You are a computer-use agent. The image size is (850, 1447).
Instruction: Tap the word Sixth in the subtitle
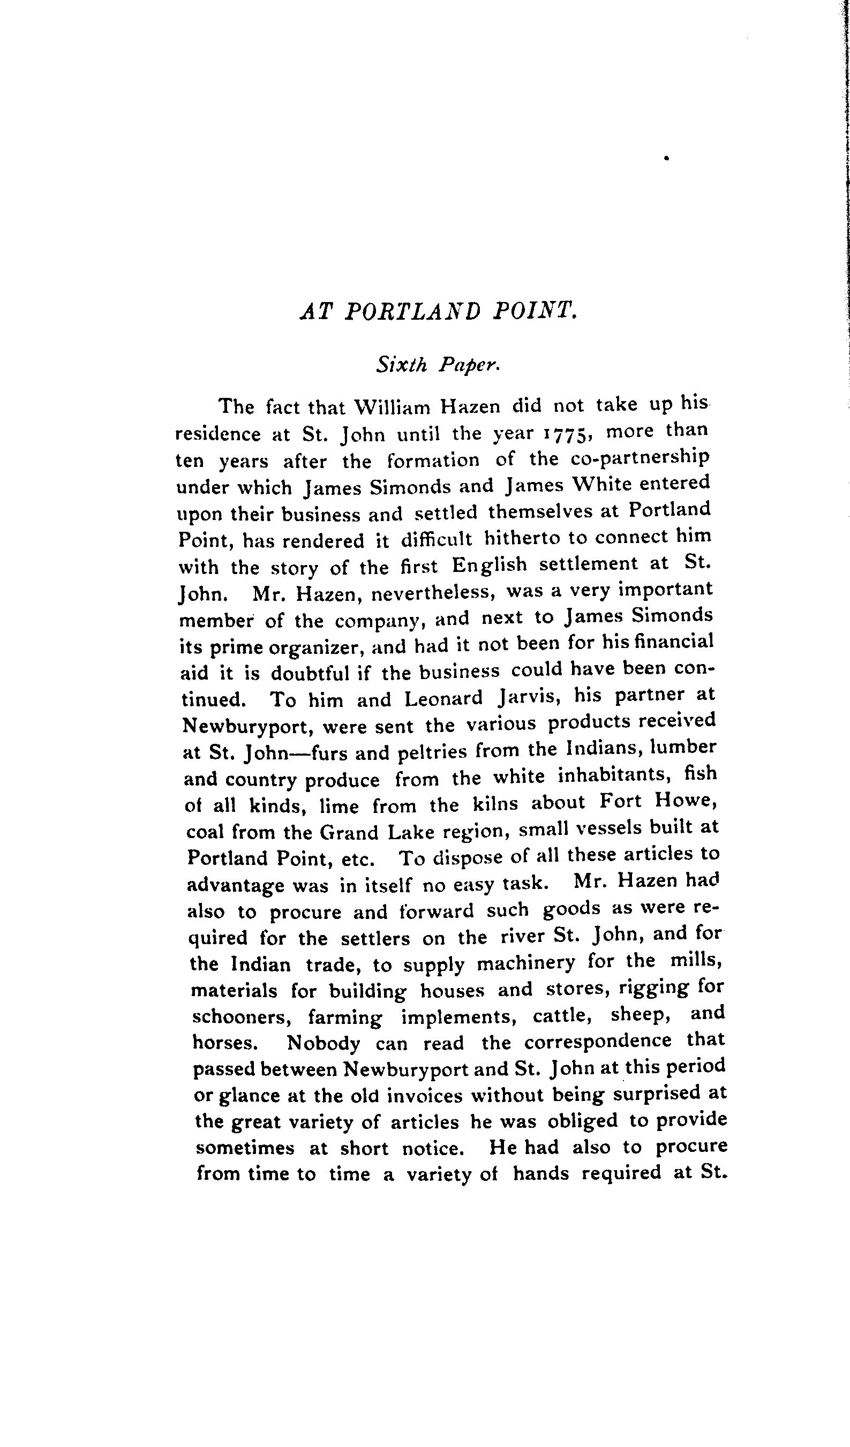tap(402, 364)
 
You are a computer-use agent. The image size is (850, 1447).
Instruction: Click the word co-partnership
tap(640, 458)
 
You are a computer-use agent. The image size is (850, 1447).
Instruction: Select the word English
tap(490, 565)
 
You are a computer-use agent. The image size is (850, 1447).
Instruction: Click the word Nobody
tap(324, 1043)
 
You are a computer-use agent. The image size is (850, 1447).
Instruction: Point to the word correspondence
tap(598, 1041)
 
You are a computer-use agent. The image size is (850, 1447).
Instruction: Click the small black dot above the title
tap(666, 157)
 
